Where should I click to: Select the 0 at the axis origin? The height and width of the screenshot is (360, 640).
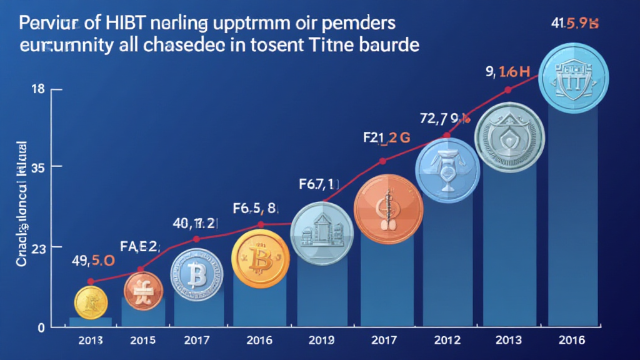coord(41,327)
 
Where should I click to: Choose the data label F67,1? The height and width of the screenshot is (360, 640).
coord(317,184)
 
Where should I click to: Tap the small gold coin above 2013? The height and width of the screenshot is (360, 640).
coord(92,303)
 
